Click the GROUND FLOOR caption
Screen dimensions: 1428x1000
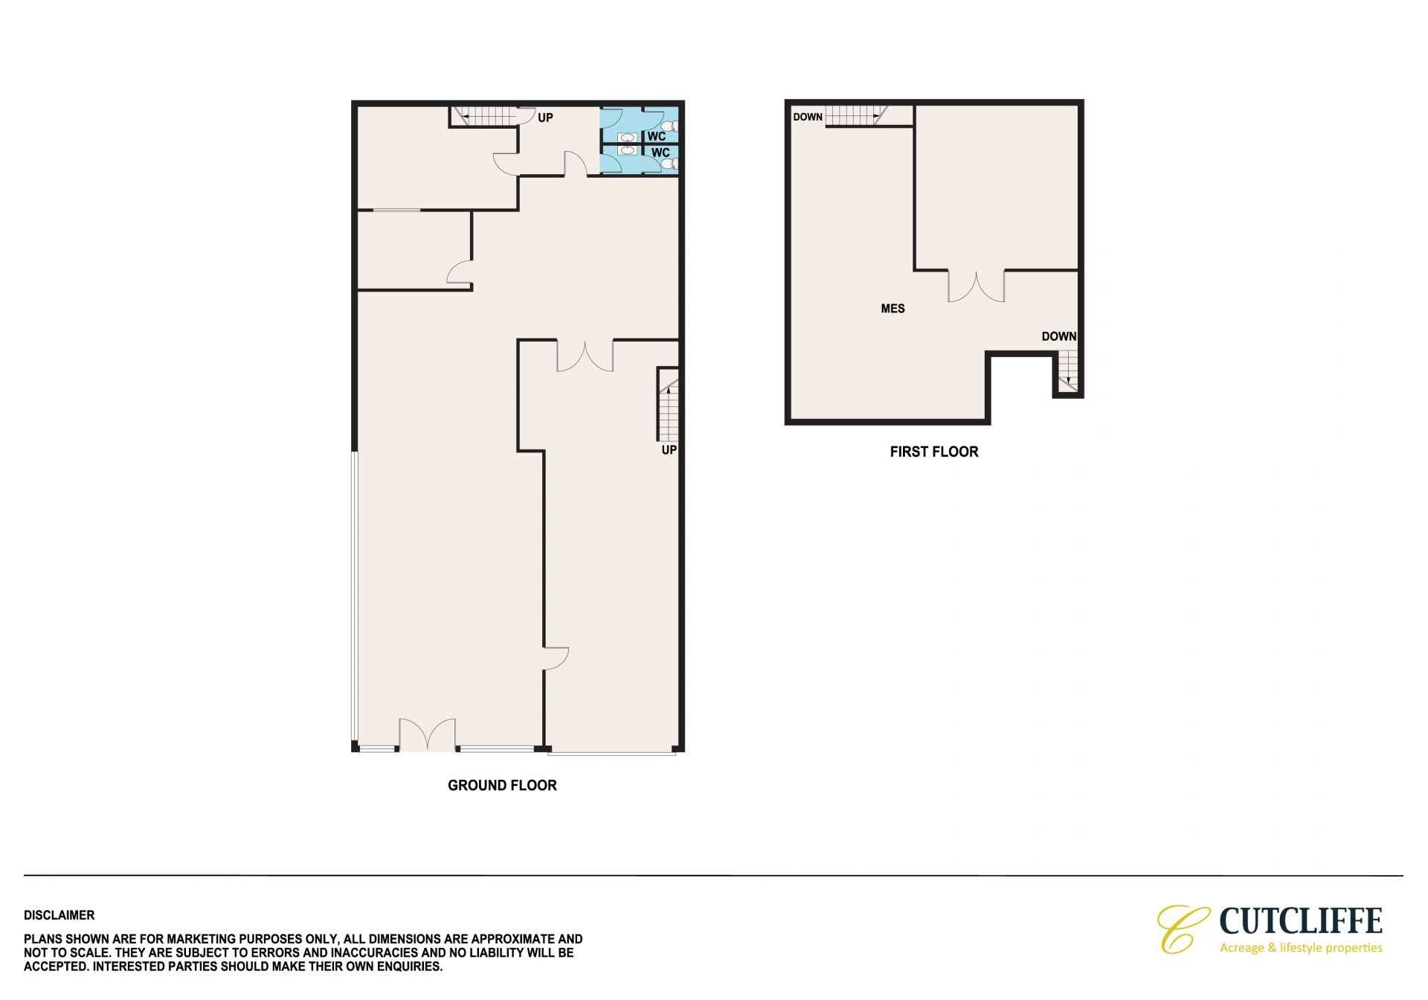[502, 785]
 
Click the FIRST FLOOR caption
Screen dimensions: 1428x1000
[934, 452]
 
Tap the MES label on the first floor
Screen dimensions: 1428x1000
[892, 309]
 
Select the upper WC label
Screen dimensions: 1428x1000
[656, 137]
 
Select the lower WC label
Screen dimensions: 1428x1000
[660, 153]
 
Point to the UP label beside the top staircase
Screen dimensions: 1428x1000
[545, 118]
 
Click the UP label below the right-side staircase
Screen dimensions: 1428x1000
[669, 450]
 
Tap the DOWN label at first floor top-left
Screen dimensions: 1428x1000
[808, 117]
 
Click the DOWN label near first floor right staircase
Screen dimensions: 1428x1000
[1059, 336]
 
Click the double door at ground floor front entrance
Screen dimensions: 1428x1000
[428, 734]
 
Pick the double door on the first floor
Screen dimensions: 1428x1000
[976, 286]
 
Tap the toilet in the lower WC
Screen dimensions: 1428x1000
[667, 164]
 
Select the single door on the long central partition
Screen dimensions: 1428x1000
[556, 658]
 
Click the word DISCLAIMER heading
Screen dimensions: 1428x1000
[59, 915]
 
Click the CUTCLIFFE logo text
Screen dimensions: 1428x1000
[1301, 921]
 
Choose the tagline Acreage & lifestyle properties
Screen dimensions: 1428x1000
[1301, 948]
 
